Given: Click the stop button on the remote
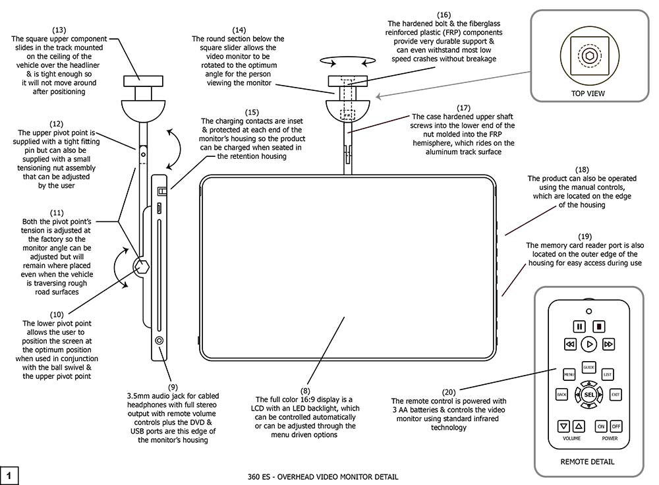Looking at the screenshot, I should click(x=599, y=326).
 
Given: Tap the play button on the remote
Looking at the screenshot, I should click(x=589, y=343).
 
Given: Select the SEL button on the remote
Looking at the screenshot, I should click(x=589, y=395).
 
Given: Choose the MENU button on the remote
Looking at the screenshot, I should click(x=569, y=374).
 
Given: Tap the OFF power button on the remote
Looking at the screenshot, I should click(x=616, y=426).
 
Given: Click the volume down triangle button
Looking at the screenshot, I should click(x=564, y=426).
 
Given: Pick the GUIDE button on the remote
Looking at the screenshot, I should click(x=588, y=366).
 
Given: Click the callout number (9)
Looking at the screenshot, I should click(x=173, y=387).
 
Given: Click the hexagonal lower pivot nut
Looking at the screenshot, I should click(x=143, y=265).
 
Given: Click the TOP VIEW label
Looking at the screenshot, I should click(x=588, y=94).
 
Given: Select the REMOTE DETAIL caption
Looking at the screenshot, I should click(x=588, y=462).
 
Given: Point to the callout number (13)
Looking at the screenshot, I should click(x=58, y=30).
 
